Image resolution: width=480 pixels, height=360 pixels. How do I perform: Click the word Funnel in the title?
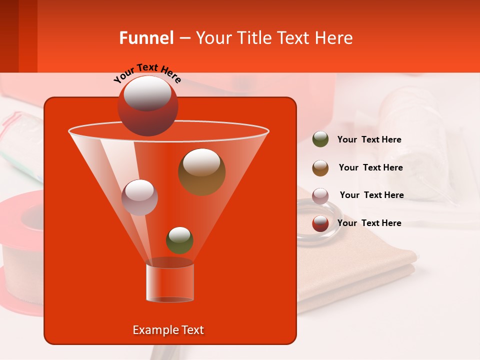tap(146, 38)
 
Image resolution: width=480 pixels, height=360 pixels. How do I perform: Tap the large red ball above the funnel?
tap(147, 106)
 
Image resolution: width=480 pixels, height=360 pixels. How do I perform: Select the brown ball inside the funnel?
tap(201, 171)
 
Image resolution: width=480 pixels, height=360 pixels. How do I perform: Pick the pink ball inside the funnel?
tap(139, 197)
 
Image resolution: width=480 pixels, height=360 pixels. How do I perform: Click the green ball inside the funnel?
tap(179, 240)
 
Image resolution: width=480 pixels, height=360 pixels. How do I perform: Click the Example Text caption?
tap(168, 330)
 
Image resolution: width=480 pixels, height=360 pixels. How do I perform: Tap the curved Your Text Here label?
tap(147, 73)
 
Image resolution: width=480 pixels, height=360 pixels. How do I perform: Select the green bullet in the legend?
tap(320, 139)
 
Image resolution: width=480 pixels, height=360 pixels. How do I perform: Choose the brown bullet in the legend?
tap(320, 168)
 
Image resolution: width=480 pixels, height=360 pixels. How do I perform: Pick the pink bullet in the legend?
tap(320, 195)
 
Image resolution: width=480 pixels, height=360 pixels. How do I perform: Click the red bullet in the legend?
tap(320, 223)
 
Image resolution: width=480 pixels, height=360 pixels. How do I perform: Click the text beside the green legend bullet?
tap(369, 139)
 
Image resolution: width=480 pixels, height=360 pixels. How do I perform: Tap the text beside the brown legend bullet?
tap(370, 167)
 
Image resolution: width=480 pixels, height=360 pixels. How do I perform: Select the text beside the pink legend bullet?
tap(371, 195)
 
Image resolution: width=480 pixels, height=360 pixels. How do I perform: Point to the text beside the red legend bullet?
tap(369, 223)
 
